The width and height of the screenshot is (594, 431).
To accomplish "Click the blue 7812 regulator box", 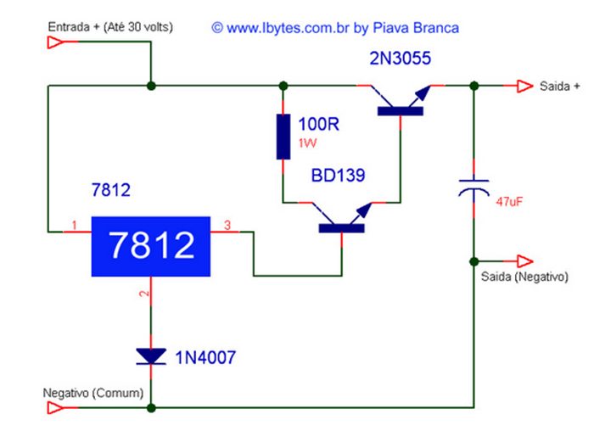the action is click(151, 246).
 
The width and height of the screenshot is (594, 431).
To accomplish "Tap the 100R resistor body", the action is click(283, 137).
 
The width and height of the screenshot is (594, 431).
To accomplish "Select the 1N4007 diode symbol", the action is click(151, 356).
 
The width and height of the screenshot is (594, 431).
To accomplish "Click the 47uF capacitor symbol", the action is click(474, 188).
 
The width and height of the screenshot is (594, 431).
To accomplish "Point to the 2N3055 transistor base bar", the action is click(401, 111).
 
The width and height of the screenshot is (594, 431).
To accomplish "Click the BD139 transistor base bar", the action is click(342, 228).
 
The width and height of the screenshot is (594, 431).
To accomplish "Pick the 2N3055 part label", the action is click(400, 59).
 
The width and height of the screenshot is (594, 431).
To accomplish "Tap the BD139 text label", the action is click(338, 176).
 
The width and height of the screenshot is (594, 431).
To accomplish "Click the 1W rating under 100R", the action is click(307, 143).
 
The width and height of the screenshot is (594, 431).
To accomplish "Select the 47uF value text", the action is click(509, 201).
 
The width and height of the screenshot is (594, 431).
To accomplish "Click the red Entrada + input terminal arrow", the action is click(56, 42).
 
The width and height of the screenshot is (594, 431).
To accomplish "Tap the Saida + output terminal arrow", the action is click(525, 87).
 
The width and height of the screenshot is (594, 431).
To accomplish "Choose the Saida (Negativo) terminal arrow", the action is click(525, 261).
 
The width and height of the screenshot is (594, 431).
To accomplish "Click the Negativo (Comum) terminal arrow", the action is click(56, 408).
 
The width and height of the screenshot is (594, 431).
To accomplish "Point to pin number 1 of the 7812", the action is click(75, 226).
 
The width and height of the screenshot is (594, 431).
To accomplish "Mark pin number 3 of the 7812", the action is click(227, 226).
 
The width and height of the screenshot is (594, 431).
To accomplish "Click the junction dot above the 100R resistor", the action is click(283, 86).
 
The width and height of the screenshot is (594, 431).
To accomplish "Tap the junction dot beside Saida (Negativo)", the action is click(474, 261).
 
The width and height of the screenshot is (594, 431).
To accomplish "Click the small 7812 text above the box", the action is click(111, 190).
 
